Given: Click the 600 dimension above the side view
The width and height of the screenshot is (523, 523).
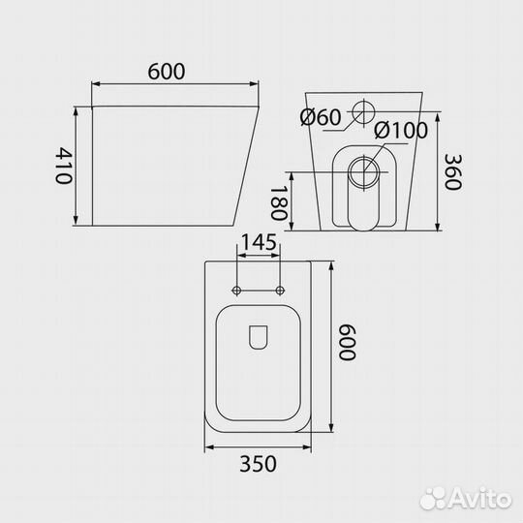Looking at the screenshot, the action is point(167,72).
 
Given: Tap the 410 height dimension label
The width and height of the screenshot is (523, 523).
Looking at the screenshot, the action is point(63,166).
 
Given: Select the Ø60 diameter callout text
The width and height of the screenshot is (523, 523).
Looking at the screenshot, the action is point(321,117).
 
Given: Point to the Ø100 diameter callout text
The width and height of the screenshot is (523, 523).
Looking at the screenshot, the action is point(400,130).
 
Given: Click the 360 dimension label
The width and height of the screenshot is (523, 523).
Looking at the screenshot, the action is point(453,172).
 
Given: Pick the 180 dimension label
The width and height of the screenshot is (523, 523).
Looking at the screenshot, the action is point(279,202).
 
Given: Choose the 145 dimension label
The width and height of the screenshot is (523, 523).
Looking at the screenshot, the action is point(259,242).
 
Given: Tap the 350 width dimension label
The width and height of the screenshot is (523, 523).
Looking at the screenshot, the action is point(259,464).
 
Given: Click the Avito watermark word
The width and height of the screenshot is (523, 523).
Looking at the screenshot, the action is point(479,500).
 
